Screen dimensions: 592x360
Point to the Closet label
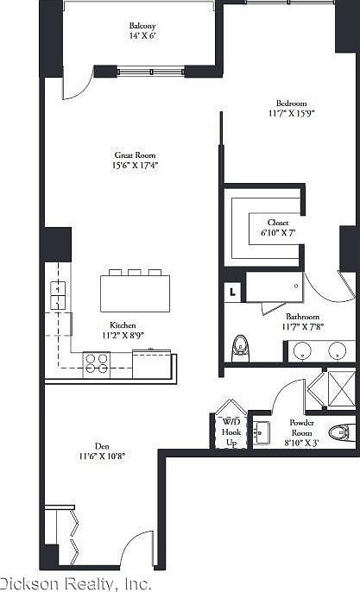(277, 222)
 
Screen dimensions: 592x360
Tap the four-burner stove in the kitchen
(95, 364)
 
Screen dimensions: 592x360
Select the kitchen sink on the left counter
(57, 296)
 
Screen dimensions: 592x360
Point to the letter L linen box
(233, 292)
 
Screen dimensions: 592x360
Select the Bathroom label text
(303, 317)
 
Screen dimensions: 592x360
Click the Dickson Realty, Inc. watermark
(69, 583)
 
